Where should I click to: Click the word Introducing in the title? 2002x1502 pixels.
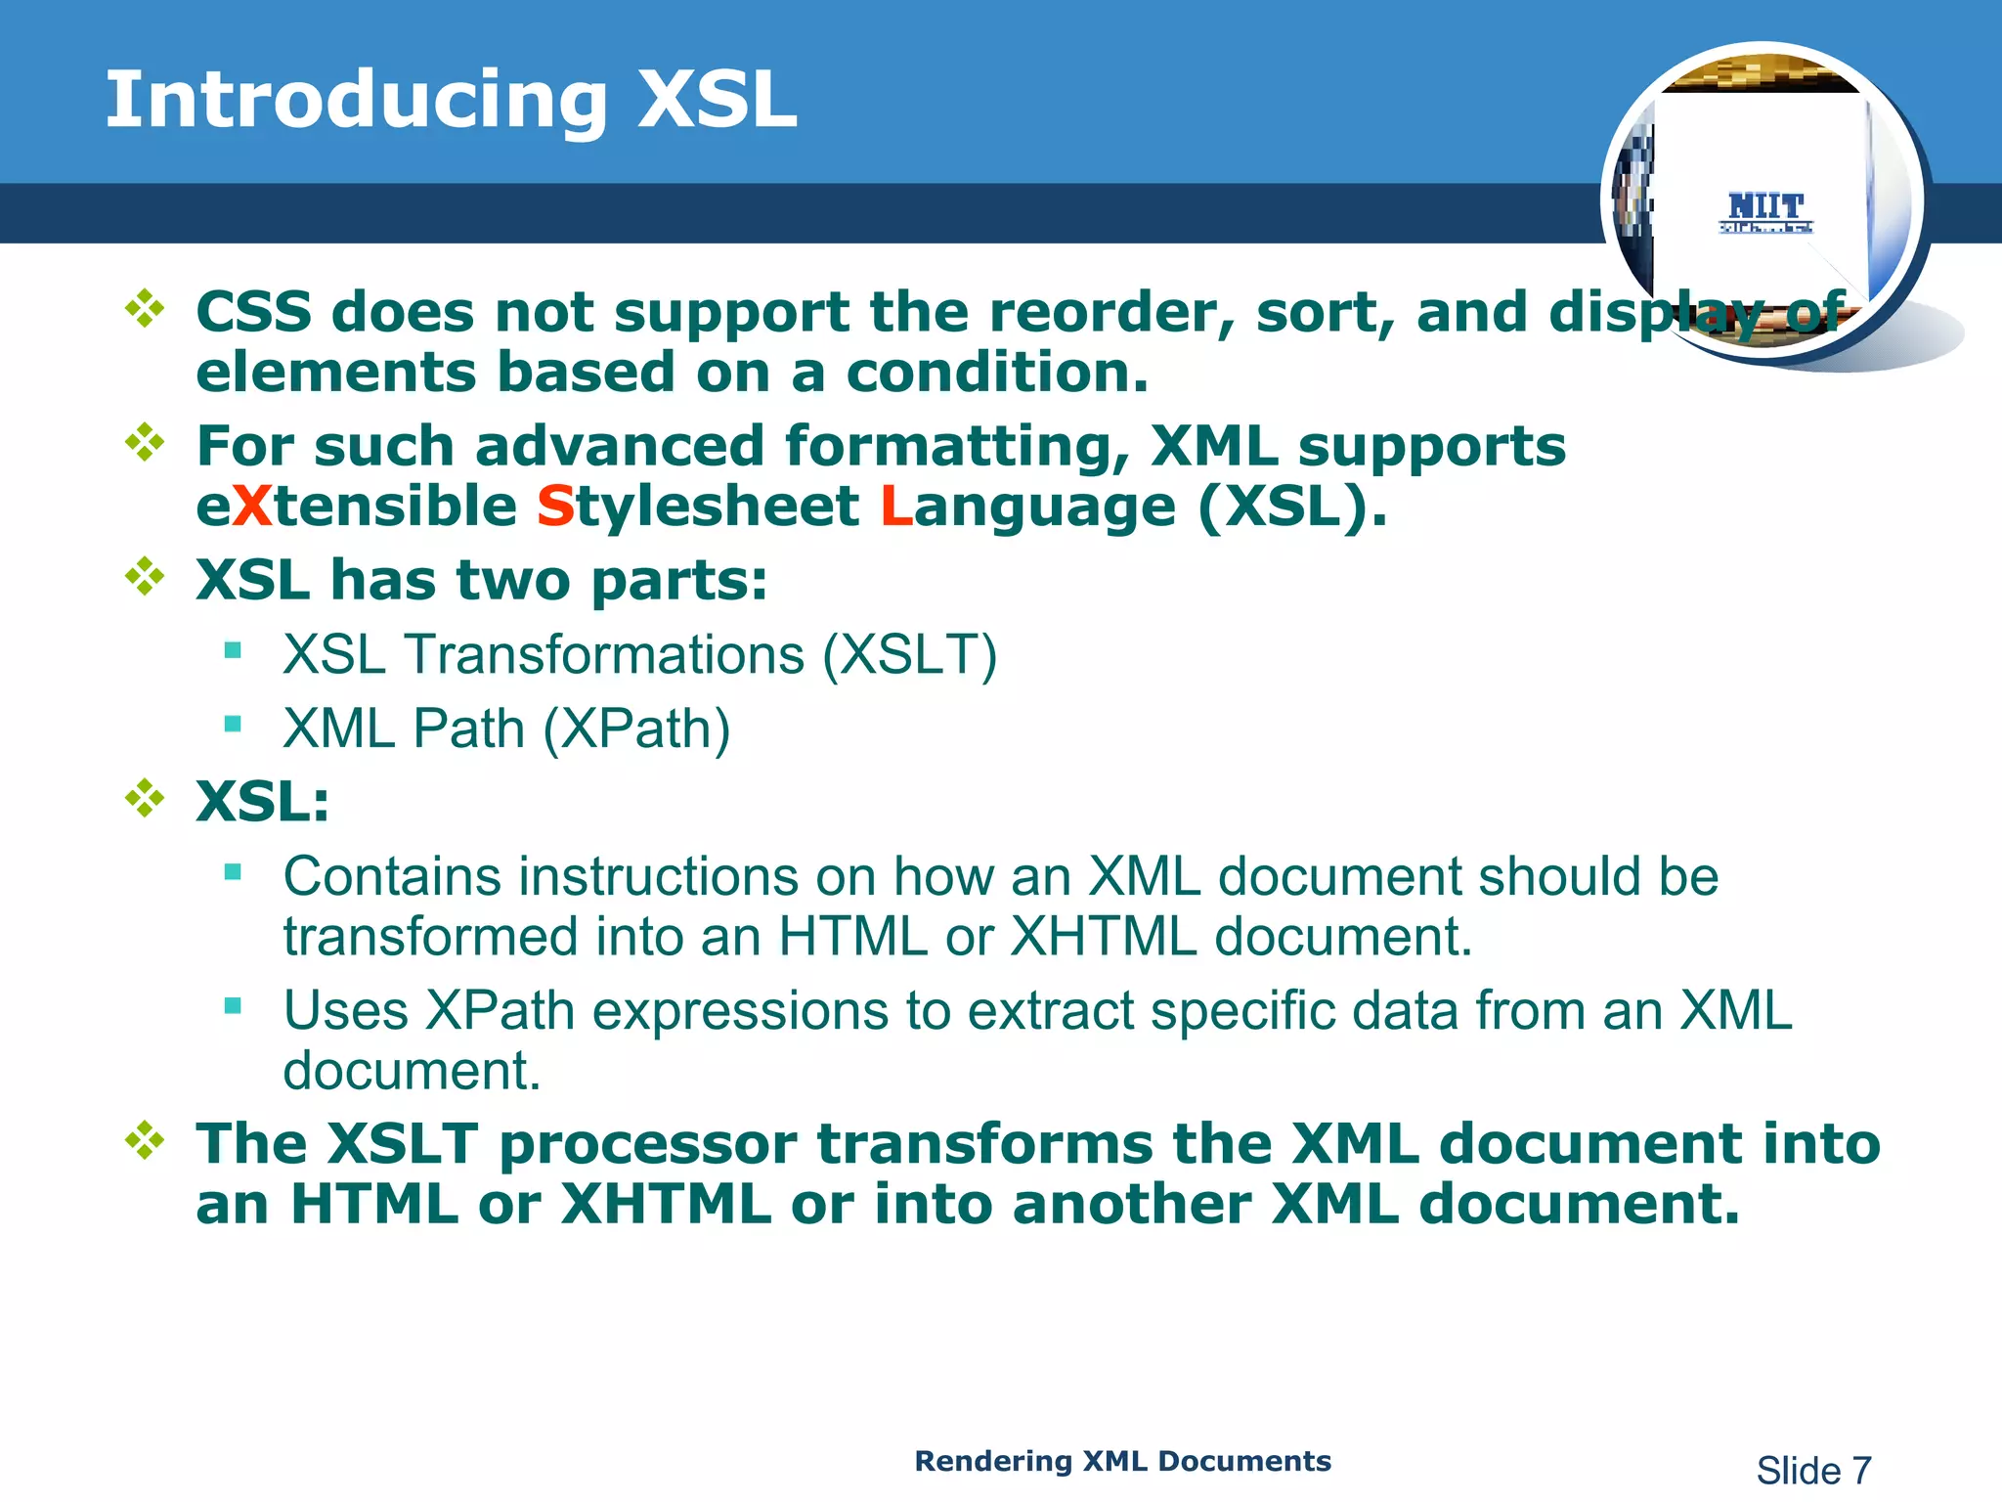(357, 101)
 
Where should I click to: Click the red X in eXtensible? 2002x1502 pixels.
(253, 507)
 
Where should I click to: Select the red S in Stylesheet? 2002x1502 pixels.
(555, 507)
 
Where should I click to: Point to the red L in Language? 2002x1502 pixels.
(895, 507)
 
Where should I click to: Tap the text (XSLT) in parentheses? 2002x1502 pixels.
(909, 654)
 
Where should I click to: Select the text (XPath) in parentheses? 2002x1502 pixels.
(636, 729)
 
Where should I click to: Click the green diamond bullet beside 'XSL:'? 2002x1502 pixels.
(145, 799)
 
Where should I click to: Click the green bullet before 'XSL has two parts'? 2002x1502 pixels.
(145, 577)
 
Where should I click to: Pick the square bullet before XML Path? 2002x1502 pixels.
(233, 725)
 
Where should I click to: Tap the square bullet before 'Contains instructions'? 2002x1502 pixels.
(233, 872)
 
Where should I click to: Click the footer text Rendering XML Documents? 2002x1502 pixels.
(1122, 1461)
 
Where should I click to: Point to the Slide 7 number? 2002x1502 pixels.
(1813, 1470)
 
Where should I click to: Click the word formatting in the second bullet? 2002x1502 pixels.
(957, 447)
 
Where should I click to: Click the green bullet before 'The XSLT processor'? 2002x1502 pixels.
(145, 1140)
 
